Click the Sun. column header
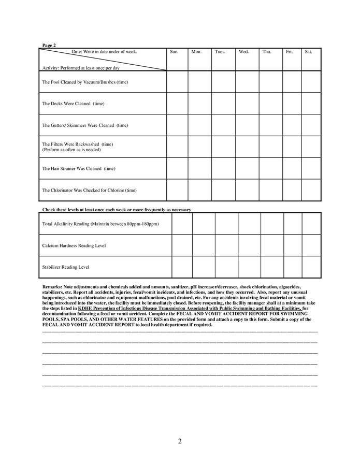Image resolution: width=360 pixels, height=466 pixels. pyautogui.click(x=175, y=52)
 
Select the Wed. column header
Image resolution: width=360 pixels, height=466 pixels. pyautogui.click(x=243, y=52)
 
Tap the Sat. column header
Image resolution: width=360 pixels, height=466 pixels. pyautogui.click(x=308, y=52)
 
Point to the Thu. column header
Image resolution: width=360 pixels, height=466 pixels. pyautogui.click(x=267, y=52)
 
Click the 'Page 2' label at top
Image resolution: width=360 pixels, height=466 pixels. pyautogui.click(x=49, y=46)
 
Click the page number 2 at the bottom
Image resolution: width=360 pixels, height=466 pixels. pyautogui.click(x=180, y=441)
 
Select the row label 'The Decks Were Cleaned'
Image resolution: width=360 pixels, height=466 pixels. pyautogui.click(x=73, y=104)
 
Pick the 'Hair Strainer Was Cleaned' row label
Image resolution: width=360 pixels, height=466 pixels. pyautogui.click(x=79, y=168)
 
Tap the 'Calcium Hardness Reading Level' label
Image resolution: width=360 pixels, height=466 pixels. pyautogui.click(x=74, y=245)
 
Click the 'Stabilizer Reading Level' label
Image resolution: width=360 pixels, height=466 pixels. pyautogui.click(x=66, y=267)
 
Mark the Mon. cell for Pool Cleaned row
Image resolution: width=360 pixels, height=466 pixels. pyautogui.click(x=199, y=82)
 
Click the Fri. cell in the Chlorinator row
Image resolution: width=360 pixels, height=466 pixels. pyautogui.click(x=292, y=190)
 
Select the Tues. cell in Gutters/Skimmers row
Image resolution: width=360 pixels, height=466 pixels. pyautogui.click(x=223, y=125)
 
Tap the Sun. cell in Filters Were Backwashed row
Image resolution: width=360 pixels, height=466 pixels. pyautogui.click(x=177, y=147)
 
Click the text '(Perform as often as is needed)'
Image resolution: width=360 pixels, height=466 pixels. pyautogui.click(x=71, y=150)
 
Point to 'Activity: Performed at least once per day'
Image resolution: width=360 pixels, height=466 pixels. pyautogui.click(x=81, y=68)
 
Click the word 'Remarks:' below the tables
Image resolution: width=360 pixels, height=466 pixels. pyautogui.click(x=52, y=286)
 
